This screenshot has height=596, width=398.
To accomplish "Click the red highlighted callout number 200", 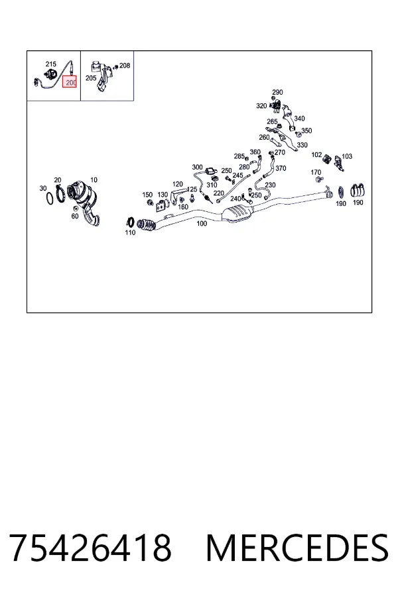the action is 70,81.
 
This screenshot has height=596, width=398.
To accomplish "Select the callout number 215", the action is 50,64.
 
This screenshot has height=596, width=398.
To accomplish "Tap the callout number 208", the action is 125,66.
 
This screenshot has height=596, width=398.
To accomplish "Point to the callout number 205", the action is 91,78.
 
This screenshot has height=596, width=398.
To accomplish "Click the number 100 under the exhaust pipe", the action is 202,224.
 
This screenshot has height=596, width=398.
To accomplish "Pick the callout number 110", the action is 130,232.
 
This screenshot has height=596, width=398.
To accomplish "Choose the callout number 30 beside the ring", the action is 43,189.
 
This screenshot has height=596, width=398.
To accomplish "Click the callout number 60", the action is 75,217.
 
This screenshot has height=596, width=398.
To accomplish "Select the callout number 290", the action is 277,92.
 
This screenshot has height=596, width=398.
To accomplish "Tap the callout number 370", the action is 281,168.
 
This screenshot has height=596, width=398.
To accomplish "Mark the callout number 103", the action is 347,156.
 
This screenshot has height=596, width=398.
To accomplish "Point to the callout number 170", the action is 316,173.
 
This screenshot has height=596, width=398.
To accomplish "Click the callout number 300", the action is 197,168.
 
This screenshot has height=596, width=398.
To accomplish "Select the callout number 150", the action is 147,195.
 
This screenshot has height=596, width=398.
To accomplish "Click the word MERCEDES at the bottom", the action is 297,548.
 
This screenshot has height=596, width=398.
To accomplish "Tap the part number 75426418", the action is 90,548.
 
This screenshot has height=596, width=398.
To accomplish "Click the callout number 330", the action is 302,145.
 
